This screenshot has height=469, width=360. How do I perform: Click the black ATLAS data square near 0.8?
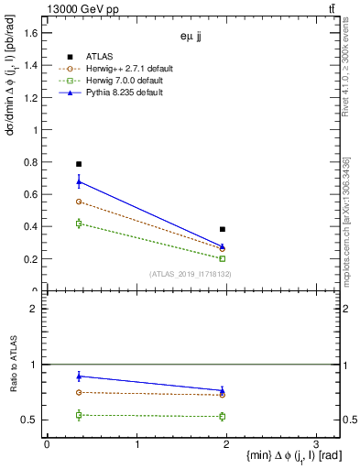point(79,164)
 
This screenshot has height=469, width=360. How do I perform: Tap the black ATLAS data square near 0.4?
point(223,229)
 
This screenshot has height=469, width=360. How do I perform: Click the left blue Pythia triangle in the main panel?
point(79,181)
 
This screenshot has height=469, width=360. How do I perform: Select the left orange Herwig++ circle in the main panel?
point(79,202)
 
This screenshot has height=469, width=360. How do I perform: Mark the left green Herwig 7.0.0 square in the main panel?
point(79,224)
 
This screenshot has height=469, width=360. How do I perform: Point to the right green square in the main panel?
point(223,258)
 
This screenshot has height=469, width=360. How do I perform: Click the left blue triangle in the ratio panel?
point(79,376)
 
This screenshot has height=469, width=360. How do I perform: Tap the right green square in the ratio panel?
point(223,416)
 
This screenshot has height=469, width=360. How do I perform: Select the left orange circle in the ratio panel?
point(79,392)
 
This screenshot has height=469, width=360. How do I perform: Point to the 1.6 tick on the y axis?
point(30,34)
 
